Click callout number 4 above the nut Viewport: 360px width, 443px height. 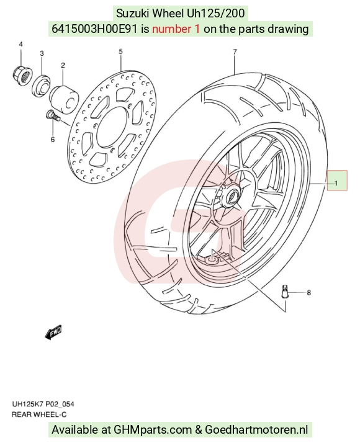pos(21,44)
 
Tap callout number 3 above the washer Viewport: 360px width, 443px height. pos(42,53)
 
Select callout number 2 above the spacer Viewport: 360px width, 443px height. pos(63,65)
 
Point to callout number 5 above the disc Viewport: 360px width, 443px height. pos(120,51)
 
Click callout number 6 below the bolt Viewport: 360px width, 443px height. pos(53,139)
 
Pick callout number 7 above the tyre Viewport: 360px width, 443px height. pos(235,52)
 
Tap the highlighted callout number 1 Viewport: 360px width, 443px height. pos(336,184)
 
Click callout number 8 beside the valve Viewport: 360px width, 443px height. pos(309,293)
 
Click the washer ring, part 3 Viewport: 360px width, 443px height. pos(41,85)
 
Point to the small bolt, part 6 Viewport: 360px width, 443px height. pos(53,115)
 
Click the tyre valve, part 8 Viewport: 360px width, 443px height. pos(285,292)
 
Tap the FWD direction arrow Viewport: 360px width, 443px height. pos(53,333)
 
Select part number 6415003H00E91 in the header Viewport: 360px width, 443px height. pos(94,29)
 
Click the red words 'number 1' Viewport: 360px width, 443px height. pos(176,29)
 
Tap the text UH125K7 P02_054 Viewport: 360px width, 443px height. pos(43,405)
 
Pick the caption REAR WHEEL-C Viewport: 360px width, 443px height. pos(39,414)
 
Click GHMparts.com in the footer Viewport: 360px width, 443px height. pos(153,430)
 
